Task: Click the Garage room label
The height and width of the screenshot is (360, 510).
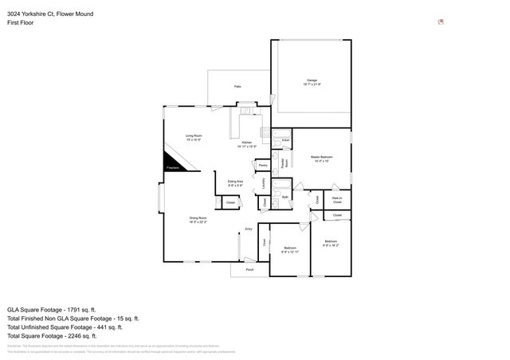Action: [x=312, y=81]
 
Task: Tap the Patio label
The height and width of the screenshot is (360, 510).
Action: [x=237, y=85]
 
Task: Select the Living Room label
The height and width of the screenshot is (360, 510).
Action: [x=194, y=136]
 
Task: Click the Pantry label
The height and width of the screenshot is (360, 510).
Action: [x=262, y=166]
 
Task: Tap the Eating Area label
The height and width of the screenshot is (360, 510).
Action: [x=236, y=182]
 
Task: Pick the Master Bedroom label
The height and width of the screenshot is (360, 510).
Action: [x=321, y=158]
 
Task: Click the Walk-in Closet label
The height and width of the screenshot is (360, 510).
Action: [x=337, y=200]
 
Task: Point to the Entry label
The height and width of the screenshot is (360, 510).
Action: [x=249, y=229]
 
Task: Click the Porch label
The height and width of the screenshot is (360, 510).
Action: [x=249, y=270]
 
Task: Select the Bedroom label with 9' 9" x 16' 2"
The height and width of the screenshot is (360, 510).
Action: [x=331, y=242]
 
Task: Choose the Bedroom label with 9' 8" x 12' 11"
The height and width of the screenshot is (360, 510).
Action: [x=290, y=249]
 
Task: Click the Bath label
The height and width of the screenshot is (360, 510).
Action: [x=284, y=195]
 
